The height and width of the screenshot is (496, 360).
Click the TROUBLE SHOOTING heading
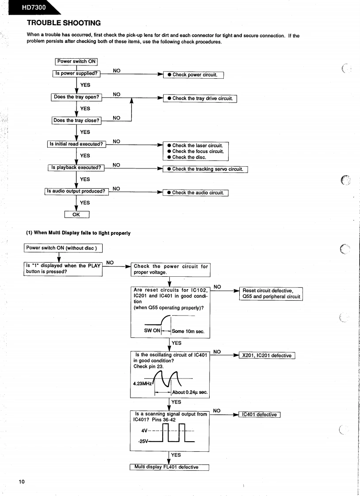coord(64,23)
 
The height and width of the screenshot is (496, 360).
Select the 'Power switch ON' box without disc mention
coord(76,61)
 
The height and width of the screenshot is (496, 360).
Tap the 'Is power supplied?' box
coord(76,73)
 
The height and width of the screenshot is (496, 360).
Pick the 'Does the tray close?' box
coord(77,120)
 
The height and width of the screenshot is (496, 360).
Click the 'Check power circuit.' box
coord(194,75)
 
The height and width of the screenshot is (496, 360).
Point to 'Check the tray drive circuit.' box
coord(200,98)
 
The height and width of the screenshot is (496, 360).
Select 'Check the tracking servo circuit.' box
coord(205,169)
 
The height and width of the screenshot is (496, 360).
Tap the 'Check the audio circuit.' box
coord(195,193)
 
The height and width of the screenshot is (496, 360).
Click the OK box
coord(77,215)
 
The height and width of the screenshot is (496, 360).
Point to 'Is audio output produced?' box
coord(77,191)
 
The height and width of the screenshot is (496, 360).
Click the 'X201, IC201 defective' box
coord(267,355)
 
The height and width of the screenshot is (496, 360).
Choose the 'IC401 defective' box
coord(259,414)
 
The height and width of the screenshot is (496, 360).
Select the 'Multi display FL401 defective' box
coord(169,467)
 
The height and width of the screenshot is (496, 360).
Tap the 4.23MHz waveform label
coord(142,383)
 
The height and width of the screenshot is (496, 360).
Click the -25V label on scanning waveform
coord(144,441)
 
